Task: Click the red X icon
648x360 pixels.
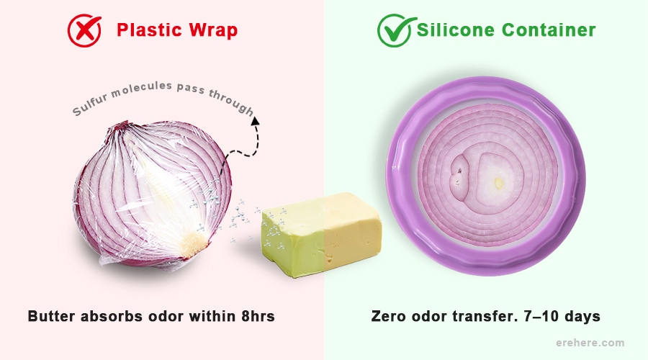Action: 84,30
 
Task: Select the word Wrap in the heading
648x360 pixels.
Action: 211,31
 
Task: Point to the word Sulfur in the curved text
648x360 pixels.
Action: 89,105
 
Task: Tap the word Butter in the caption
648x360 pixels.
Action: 53,316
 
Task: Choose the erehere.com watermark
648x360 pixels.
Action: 591,343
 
